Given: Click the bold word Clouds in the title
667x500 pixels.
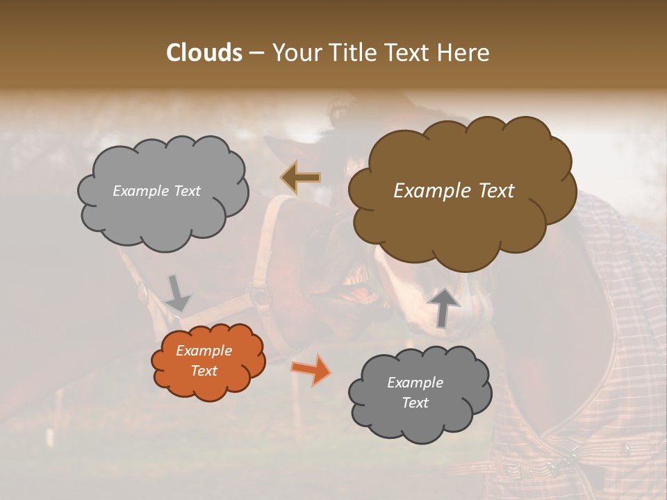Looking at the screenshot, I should [x=204, y=53].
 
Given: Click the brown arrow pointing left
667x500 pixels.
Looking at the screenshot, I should [x=301, y=177].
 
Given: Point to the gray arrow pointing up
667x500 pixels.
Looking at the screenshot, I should [x=443, y=306].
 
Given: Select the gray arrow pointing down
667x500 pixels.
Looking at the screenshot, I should [x=177, y=293].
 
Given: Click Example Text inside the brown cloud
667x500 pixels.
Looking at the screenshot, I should [x=454, y=191].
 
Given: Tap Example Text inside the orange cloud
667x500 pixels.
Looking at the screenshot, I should [x=204, y=361].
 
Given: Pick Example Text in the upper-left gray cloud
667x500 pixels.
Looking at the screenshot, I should [x=156, y=191].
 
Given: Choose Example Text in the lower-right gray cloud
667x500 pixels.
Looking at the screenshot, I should [x=415, y=392].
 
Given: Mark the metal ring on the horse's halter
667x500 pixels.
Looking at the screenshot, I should [x=261, y=297].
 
